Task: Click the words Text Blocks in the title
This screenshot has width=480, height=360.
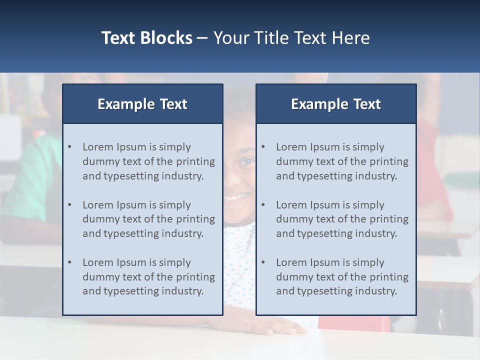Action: [146, 38]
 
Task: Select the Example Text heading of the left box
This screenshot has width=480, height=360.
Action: [142, 104]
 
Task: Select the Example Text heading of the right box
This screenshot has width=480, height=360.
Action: [336, 104]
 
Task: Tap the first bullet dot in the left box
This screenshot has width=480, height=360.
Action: [69, 147]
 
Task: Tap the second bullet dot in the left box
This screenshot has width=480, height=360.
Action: [69, 205]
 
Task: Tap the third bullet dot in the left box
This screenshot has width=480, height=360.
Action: [69, 262]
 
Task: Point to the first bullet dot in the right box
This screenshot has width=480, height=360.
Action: [263, 147]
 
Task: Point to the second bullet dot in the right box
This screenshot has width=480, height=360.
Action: [263, 205]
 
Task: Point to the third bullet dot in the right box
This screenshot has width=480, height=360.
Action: [263, 262]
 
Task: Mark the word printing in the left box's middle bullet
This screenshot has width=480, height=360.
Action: [195, 219]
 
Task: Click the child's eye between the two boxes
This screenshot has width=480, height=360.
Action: [247, 161]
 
